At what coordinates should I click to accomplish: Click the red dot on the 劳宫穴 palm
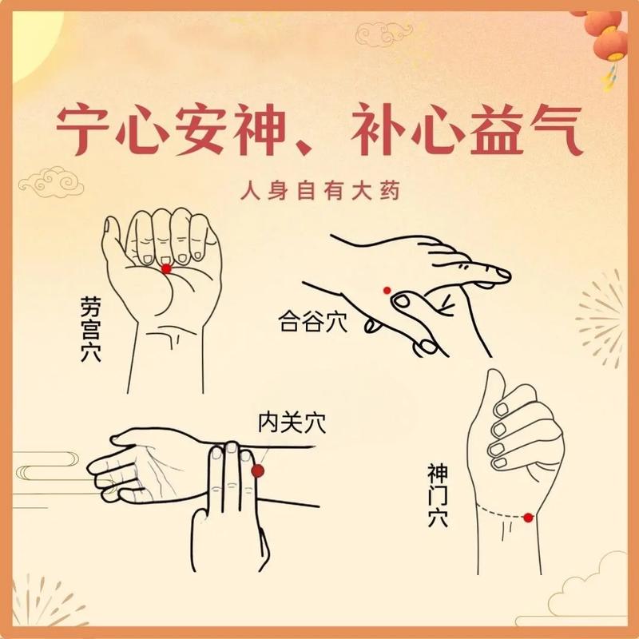click(166, 270)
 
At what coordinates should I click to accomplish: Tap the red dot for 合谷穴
click(385, 290)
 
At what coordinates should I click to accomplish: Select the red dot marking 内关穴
click(257, 471)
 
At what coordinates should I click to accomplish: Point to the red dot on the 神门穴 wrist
click(528, 518)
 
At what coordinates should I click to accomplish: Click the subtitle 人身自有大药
click(319, 192)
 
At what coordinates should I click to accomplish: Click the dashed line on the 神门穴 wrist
click(499, 511)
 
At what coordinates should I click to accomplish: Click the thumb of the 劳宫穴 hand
click(114, 240)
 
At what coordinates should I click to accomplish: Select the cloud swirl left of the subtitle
click(51, 181)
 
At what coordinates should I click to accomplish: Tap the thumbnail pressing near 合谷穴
click(403, 301)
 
